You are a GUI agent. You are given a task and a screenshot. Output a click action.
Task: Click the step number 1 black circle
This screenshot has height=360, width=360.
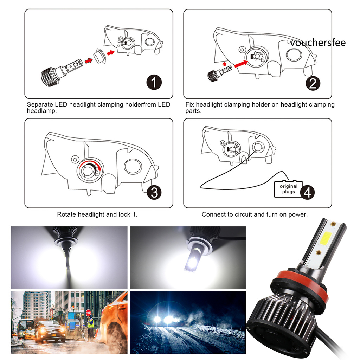pos(154,82)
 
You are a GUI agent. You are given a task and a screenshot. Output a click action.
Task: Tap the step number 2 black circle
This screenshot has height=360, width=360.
pos(313,83)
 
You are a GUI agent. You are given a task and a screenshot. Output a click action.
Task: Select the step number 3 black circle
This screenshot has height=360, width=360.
pos(154,192)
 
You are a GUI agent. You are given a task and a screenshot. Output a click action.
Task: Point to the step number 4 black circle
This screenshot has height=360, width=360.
pos(307,192)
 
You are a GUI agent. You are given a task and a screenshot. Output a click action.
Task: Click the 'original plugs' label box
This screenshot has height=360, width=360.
pos(288,189)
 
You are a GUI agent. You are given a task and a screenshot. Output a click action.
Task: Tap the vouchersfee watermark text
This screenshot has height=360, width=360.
pos(318,43)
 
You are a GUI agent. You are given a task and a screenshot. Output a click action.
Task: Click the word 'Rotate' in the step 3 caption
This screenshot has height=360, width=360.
pos(66,214)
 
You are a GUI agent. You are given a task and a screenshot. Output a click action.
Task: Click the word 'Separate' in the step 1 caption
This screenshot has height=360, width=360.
pos(40,105)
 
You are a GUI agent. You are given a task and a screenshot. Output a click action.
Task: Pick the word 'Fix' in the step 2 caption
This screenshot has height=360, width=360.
pos(189,104)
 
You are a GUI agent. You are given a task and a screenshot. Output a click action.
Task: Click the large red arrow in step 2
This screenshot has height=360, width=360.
pos(241,63)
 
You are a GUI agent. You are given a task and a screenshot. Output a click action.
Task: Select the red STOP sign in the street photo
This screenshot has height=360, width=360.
pos(88,313)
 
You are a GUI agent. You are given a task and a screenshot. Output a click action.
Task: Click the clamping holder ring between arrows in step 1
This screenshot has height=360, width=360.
pos(99,56)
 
